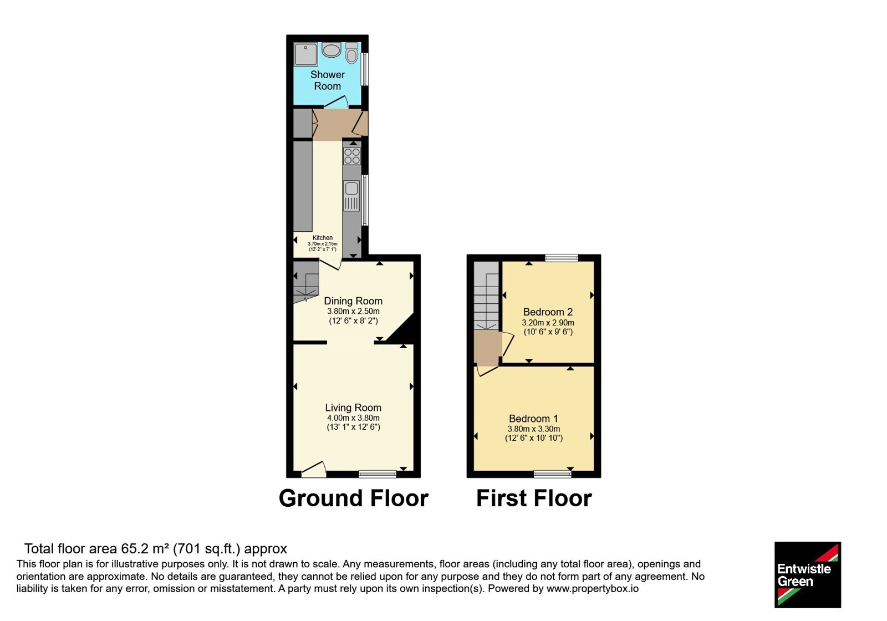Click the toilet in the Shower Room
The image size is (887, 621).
click(351, 53)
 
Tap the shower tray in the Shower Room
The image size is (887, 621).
click(305, 54)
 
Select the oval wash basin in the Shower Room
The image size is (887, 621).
click(331, 50)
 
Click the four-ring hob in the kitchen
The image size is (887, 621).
click(351, 156)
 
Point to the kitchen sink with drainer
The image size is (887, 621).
click(351, 196)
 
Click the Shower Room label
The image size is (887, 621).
click(328, 80)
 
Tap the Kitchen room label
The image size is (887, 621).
click(323, 238)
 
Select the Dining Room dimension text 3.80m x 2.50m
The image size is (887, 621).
click(353, 311)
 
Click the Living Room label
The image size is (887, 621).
click(353, 408)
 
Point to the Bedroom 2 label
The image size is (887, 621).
click(548, 312)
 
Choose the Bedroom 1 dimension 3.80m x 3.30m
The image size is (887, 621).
click(534, 429)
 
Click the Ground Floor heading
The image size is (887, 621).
click(354, 498)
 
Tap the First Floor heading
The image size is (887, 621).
click(534, 498)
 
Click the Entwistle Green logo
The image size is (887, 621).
click(808, 574)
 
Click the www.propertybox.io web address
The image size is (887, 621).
click(593, 589)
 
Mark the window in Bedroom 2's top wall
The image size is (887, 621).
click(562, 258)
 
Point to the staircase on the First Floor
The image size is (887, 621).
click(486, 296)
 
